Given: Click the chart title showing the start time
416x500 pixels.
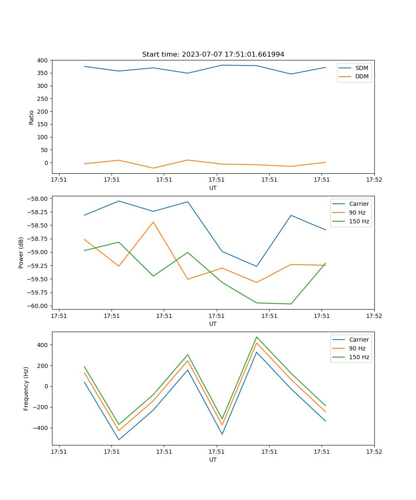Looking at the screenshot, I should (x=213, y=55).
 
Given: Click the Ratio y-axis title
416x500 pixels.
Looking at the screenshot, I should (x=32, y=117).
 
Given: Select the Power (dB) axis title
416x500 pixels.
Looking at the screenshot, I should (x=21, y=252).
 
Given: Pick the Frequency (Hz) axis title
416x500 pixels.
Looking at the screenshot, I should (x=26, y=388).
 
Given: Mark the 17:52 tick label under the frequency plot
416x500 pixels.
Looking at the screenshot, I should (x=374, y=451).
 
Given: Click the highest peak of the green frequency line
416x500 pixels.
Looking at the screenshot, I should (x=257, y=337).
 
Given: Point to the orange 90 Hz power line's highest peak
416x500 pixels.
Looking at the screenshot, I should (x=153, y=222).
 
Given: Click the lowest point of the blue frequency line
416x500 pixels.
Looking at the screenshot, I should (x=119, y=440).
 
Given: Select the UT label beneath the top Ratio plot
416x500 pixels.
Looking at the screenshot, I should (x=213, y=188).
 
